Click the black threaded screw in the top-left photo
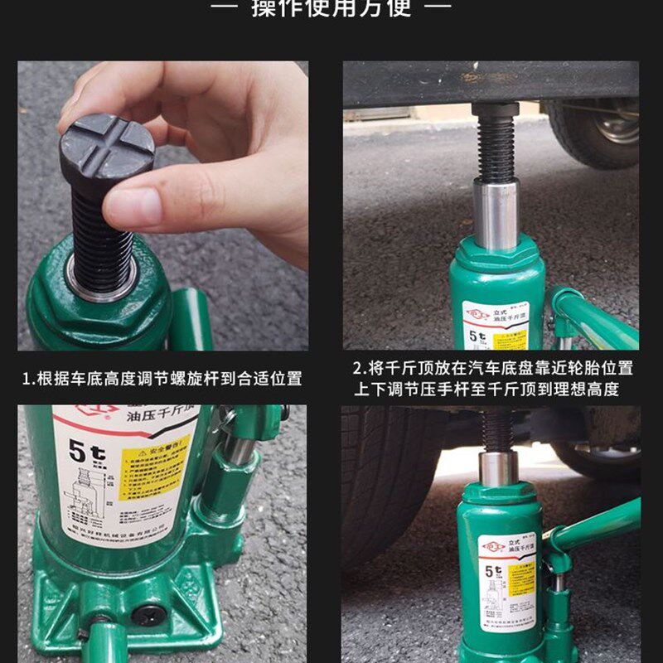pyautogui.click(x=101, y=236)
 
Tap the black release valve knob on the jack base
pyautogui.click(x=148, y=615)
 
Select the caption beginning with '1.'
pyautogui.click(x=162, y=380)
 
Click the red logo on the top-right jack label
pyautogui.click(x=479, y=314)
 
